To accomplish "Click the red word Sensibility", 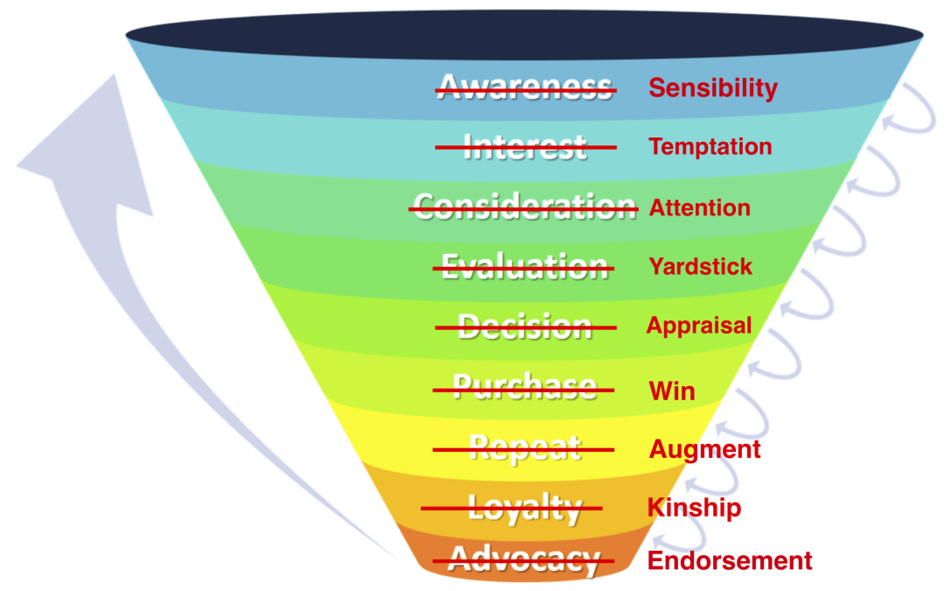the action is [713, 88].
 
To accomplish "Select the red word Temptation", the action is [710, 146].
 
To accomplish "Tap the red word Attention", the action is [700, 208].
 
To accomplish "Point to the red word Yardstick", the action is [700, 266].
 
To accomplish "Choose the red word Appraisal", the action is [699, 326].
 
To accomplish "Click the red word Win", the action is [672, 391].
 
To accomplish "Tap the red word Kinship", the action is [694, 508].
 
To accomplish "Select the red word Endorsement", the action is [730, 561].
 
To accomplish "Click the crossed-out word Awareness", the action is [526, 88].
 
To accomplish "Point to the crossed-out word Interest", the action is [525, 147].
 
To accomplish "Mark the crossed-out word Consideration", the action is [524, 208].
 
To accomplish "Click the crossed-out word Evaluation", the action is [524, 267].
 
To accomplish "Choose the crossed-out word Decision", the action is [525, 327].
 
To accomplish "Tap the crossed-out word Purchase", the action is [524, 387].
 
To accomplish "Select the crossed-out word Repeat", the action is [525, 449].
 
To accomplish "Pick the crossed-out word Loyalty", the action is [525, 509].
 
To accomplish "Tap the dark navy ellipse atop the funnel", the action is [524, 35].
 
